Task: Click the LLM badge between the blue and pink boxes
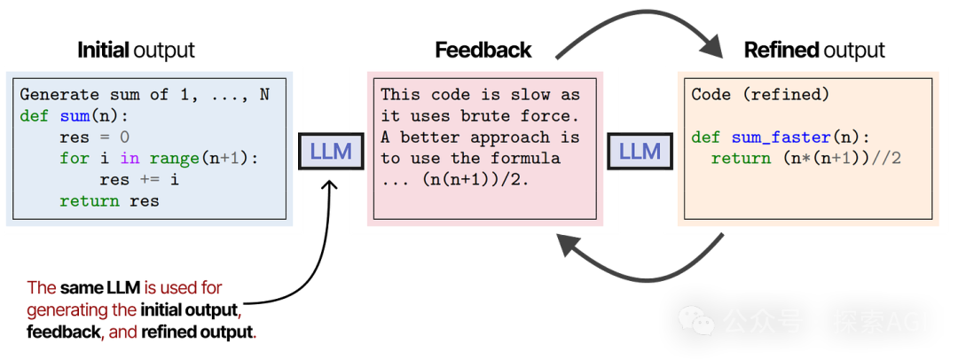[330, 151]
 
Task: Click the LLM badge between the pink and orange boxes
[640, 151]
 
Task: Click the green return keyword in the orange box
[741, 158]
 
